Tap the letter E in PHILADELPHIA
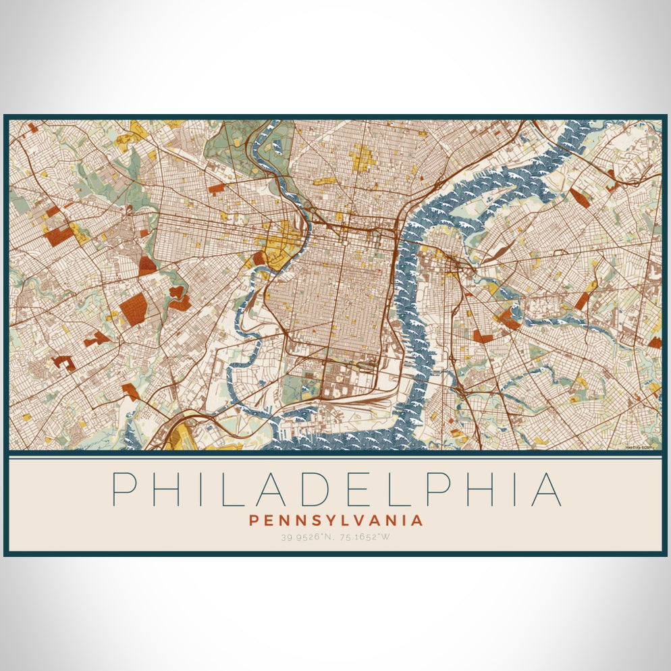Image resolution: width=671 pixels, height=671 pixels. pos(360,489)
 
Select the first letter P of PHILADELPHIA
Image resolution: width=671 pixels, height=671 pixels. pos(122,489)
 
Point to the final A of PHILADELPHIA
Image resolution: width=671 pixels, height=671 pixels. pos(546,489)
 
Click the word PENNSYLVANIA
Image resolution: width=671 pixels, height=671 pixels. pos(336,520)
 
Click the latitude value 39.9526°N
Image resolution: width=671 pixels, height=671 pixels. pos(308,537)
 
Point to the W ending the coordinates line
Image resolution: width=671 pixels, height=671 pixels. pos(385,537)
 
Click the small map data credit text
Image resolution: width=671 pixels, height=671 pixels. pos(642,446)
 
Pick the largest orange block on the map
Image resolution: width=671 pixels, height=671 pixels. pos(133,309)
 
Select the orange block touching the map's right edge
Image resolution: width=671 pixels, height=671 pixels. pos(655,342)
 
